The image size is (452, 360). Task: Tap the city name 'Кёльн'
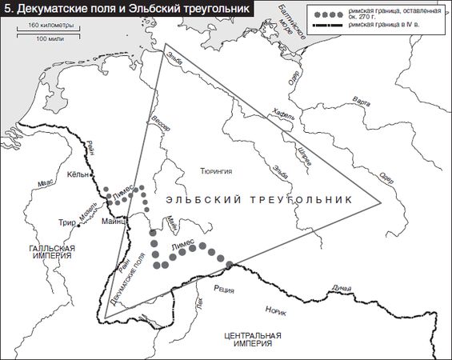[x=78, y=174]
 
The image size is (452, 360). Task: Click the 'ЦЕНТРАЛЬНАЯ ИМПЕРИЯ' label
[x=254, y=339]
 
